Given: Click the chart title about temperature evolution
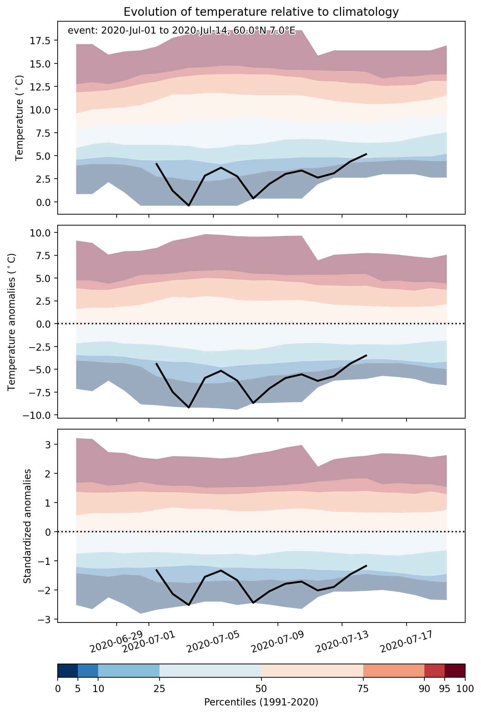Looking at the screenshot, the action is (x=261, y=12).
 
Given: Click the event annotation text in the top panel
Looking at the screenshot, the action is (x=181, y=31).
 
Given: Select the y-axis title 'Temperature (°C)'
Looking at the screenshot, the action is (x=20, y=118).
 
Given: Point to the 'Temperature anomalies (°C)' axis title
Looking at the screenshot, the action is (x=12, y=322).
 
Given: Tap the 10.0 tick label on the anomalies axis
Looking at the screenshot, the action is (x=41, y=233).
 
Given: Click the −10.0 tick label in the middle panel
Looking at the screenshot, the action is (x=38, y=415).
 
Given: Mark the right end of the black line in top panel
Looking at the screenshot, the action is (x=366, y=154).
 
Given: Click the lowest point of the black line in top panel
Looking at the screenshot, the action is (x=189, y=206).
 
